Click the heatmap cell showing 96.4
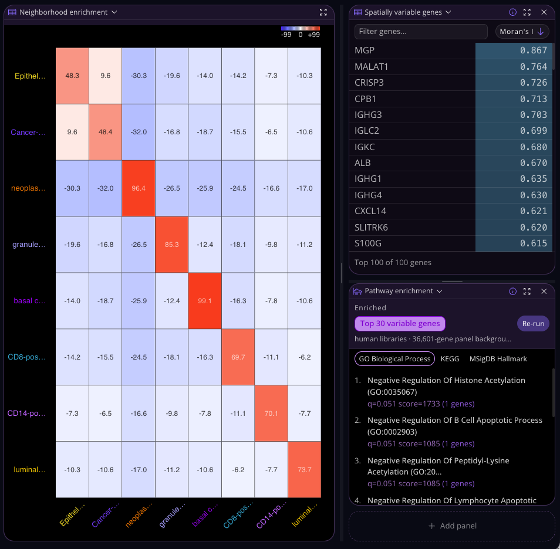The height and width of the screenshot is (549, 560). point(139,188)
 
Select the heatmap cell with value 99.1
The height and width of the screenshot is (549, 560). point(205,300)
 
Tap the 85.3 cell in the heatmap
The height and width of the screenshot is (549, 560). point(172,245)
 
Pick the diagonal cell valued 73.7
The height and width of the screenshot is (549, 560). point(305,469)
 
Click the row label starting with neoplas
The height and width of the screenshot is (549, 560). point(28,188)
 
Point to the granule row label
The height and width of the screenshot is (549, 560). point(29,245)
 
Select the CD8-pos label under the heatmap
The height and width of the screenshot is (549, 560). point(238,514)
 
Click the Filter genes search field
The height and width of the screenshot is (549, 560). point(421,32)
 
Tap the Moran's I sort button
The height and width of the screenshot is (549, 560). point(522,32)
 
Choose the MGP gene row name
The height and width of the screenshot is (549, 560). point(365,50)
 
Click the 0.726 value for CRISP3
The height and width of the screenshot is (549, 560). point(533,83)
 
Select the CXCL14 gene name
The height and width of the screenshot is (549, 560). point(370,211)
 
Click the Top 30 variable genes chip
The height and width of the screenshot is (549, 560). point(400,323)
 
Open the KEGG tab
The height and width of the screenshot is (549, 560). point(450,359)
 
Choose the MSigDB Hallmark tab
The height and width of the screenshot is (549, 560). point(498,359)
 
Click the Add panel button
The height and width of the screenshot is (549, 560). point(452,526)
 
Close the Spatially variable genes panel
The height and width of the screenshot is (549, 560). point(544,12)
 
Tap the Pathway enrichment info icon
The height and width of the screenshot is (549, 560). point(512,292)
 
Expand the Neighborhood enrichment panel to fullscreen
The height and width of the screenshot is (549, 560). point(323,12)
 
